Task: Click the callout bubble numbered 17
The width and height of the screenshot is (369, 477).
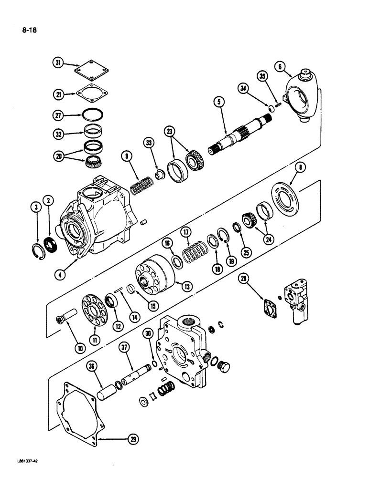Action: coord(185,232)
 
